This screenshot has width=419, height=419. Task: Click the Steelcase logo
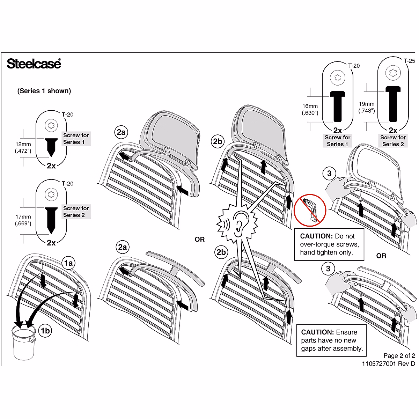pyautogui.click(x=34, y=64)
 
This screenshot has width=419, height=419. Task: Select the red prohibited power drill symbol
pyautogui.click(x=310, y=211)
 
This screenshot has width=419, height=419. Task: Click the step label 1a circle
pyautogui.click(x=68, y=263)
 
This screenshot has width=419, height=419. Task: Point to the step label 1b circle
pyautogui.click(x=45, y=330)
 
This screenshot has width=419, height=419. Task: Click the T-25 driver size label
pyautogui.click(x=409, y=61)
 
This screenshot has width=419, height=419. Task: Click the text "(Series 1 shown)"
pyautogui.click(x=44, y=91)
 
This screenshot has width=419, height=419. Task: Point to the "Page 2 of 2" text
pyautogui.click(x=399, y=356)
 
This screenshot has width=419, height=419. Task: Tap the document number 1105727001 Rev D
pyautogui.click(x=388, y=364)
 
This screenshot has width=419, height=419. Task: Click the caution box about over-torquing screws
pyautogui.click(x=329, y=244)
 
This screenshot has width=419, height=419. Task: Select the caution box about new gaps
pyautogui.click(x=332, y=340)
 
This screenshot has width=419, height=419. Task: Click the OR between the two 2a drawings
pyautogui.click(x=200, y=240)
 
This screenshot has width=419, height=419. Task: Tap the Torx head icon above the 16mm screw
pyautogui.click(x=338, y=77)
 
